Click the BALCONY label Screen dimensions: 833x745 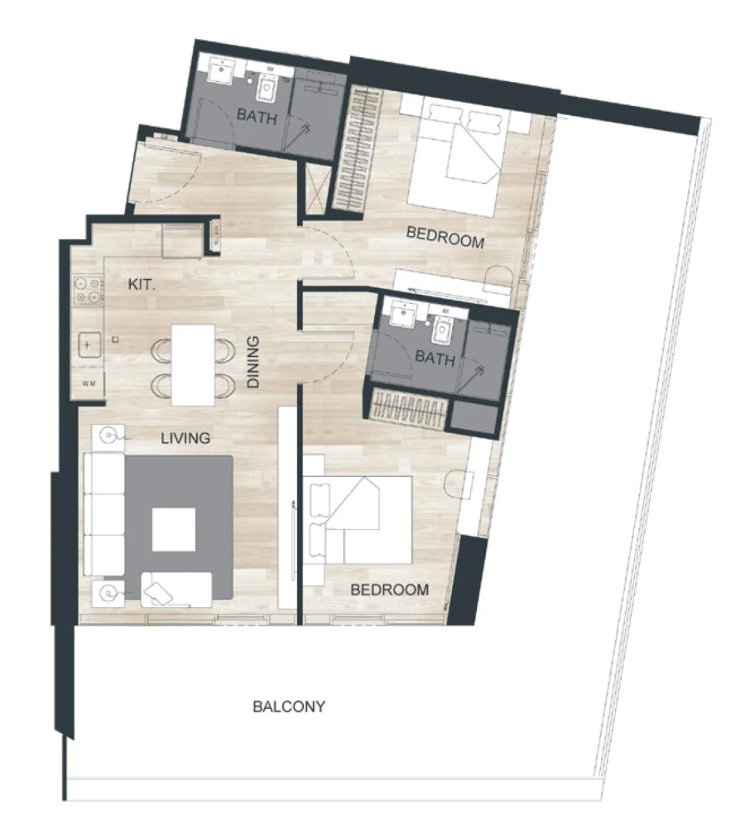[289, 707]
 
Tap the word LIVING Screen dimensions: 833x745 [185, 438]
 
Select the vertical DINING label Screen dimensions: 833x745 [254, 362]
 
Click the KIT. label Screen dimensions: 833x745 [142, 284]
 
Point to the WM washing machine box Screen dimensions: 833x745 [89, 383]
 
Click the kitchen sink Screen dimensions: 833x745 [89, 343]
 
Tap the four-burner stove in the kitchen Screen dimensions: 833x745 [89, 287]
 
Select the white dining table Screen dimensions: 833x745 [193, 364]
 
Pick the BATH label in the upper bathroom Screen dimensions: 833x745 [257, 116]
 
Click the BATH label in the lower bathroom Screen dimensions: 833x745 [435, 359]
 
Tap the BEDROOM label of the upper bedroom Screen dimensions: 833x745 [445, 241]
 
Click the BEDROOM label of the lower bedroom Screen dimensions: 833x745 [390, 590]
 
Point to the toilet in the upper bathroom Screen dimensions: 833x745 [267, 84]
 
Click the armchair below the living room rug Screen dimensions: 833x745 [175, 590]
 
